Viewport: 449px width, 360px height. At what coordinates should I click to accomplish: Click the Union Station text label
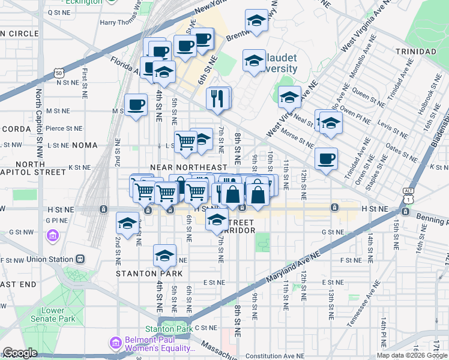46,259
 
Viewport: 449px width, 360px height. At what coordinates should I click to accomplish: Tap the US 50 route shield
58,73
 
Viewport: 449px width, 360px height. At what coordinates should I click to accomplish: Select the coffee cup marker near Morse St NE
326,159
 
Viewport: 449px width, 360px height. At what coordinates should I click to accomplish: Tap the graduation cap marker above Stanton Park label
164,256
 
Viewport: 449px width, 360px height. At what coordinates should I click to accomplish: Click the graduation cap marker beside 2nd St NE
127,224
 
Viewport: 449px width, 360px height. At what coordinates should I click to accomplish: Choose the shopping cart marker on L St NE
186,142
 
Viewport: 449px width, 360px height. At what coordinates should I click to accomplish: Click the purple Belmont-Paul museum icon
115,343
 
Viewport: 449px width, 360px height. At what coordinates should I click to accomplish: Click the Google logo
20,353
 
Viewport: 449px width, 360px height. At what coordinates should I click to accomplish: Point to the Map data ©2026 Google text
412,355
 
